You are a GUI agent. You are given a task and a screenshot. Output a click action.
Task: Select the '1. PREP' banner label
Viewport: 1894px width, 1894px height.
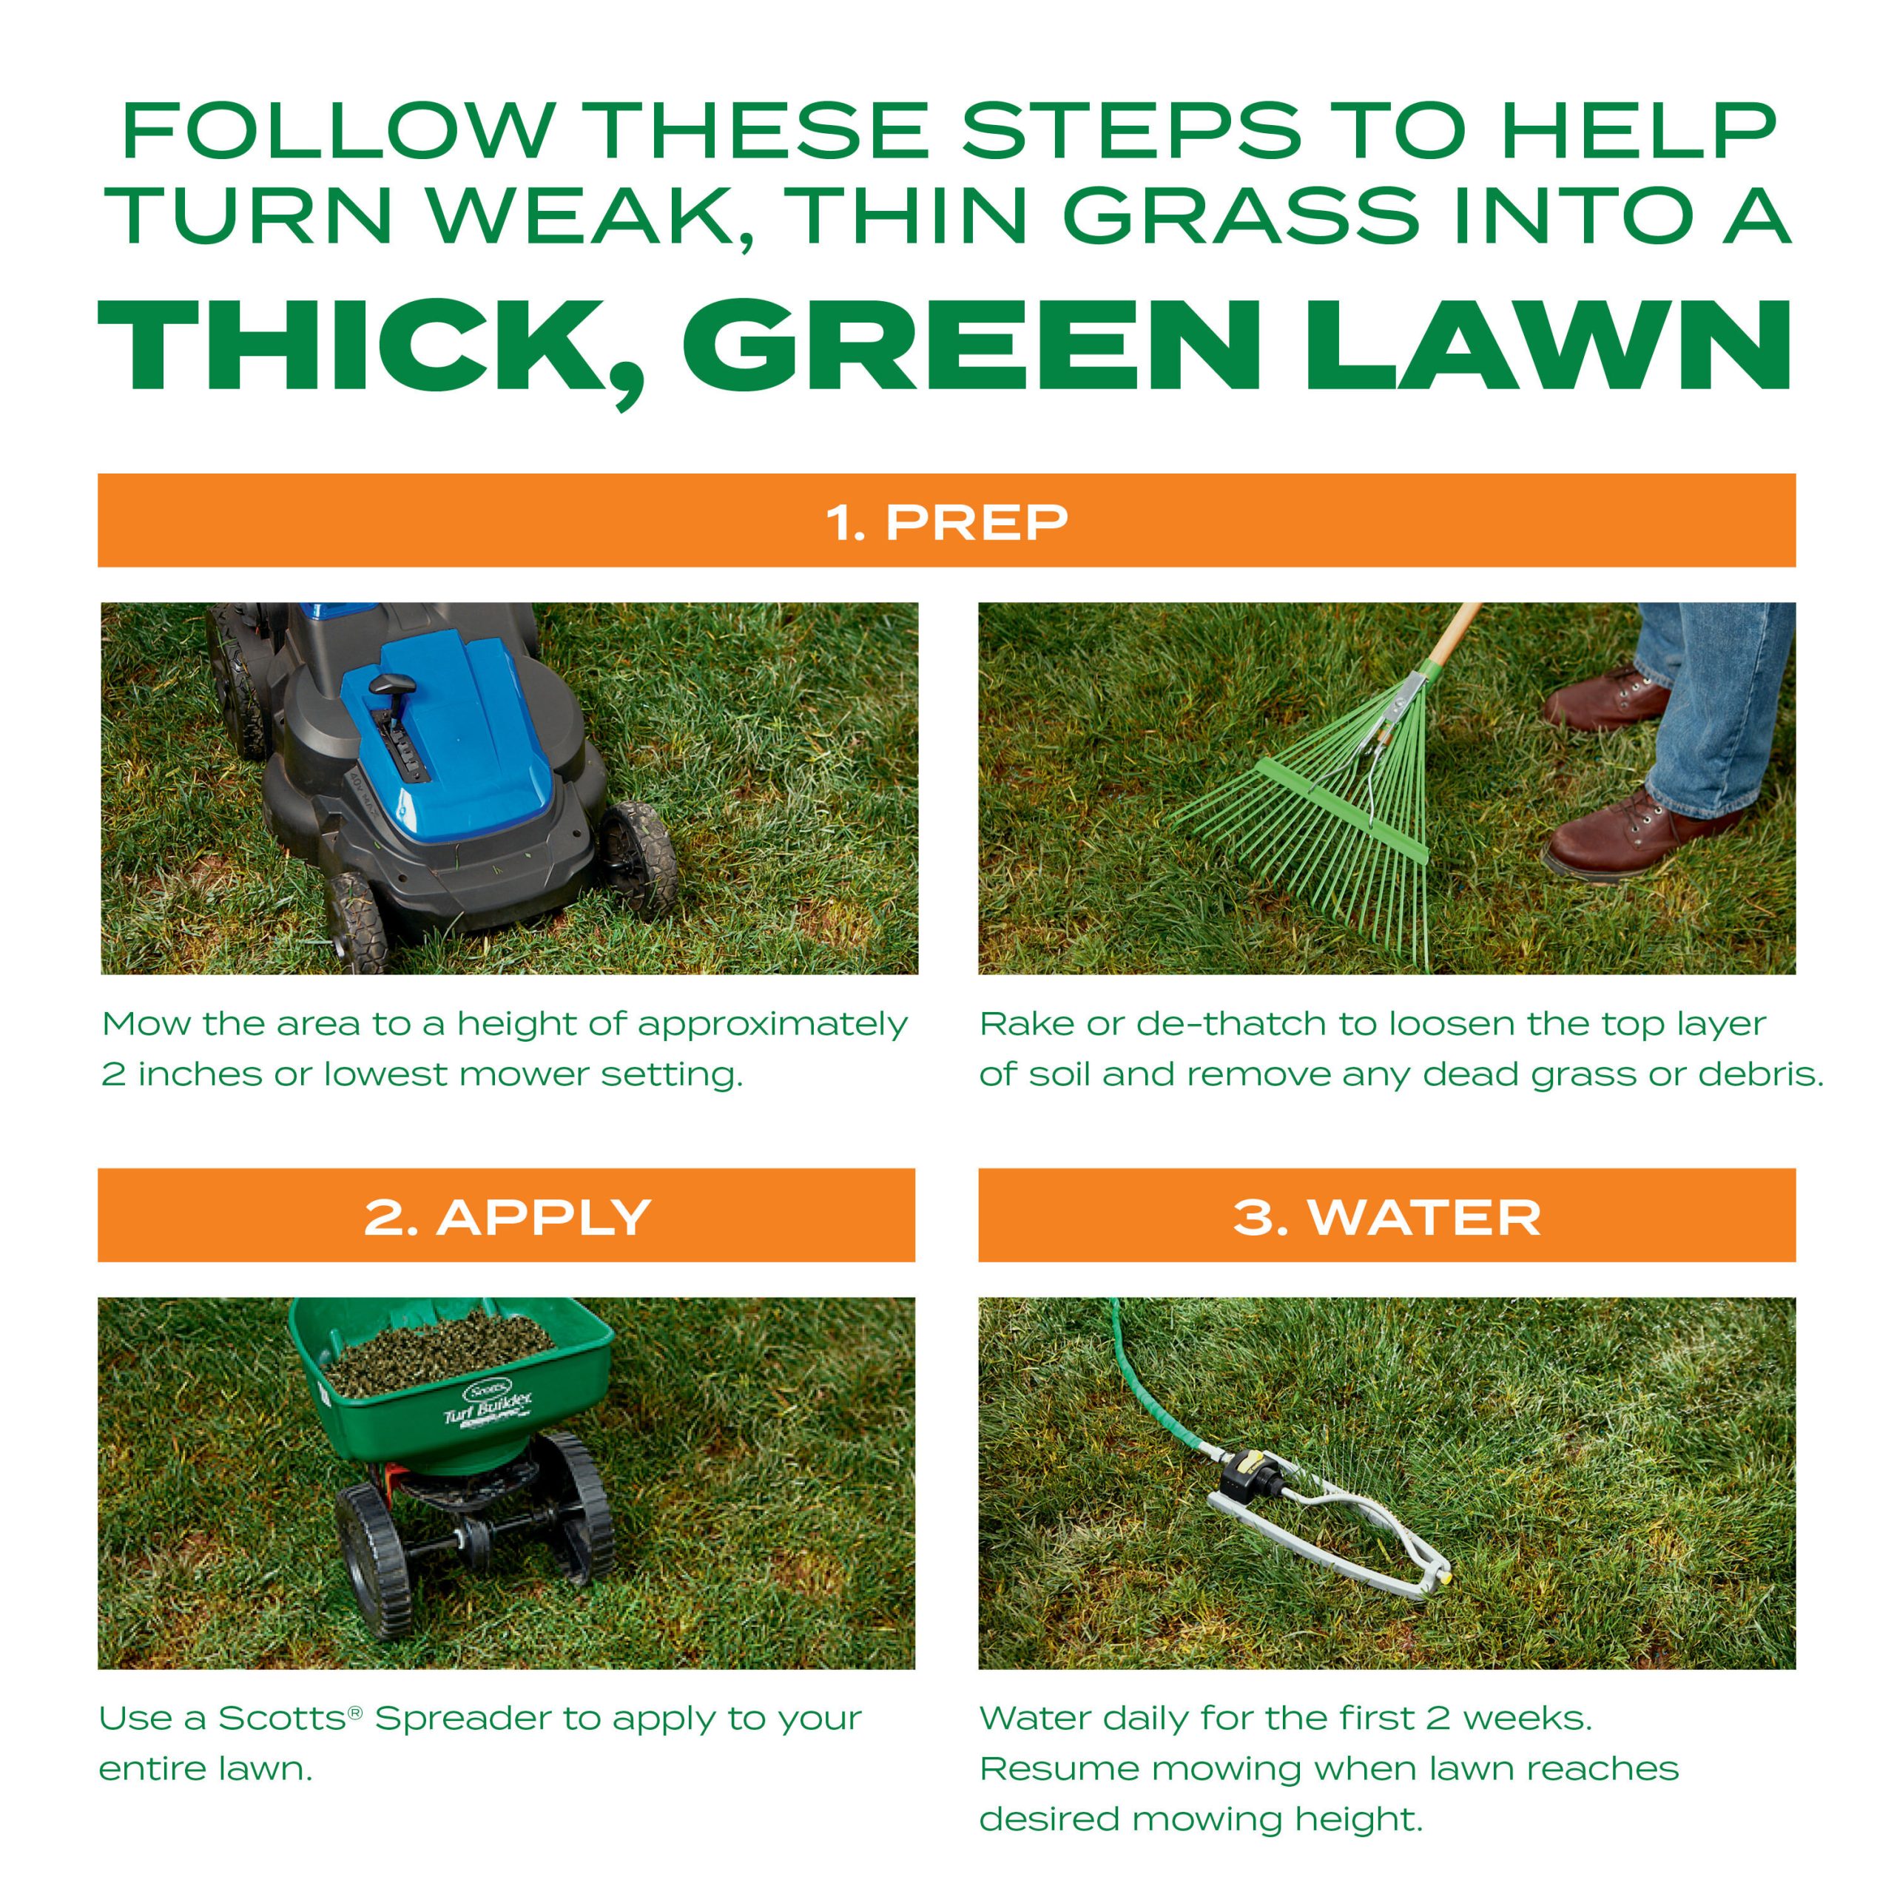point(946,522)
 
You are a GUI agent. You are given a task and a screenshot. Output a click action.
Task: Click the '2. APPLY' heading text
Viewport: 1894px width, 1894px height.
point(507,1218)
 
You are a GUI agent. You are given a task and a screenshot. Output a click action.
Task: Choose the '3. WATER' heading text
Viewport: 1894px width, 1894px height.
point(1386,1218)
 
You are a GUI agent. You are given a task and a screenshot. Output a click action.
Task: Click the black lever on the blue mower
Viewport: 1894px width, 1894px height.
point(392,684)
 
